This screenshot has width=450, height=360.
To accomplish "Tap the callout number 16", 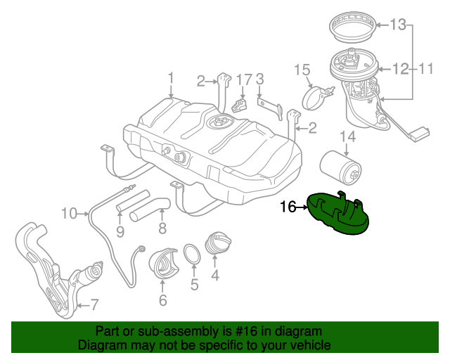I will [x=289, y=207].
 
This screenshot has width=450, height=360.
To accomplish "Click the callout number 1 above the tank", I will [x=170, y=77].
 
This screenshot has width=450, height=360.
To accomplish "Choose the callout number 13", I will [x=399, y=25].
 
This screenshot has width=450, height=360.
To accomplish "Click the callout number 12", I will [x=399, y=69].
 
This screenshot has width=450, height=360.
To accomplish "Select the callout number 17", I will [x=243, y=79].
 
